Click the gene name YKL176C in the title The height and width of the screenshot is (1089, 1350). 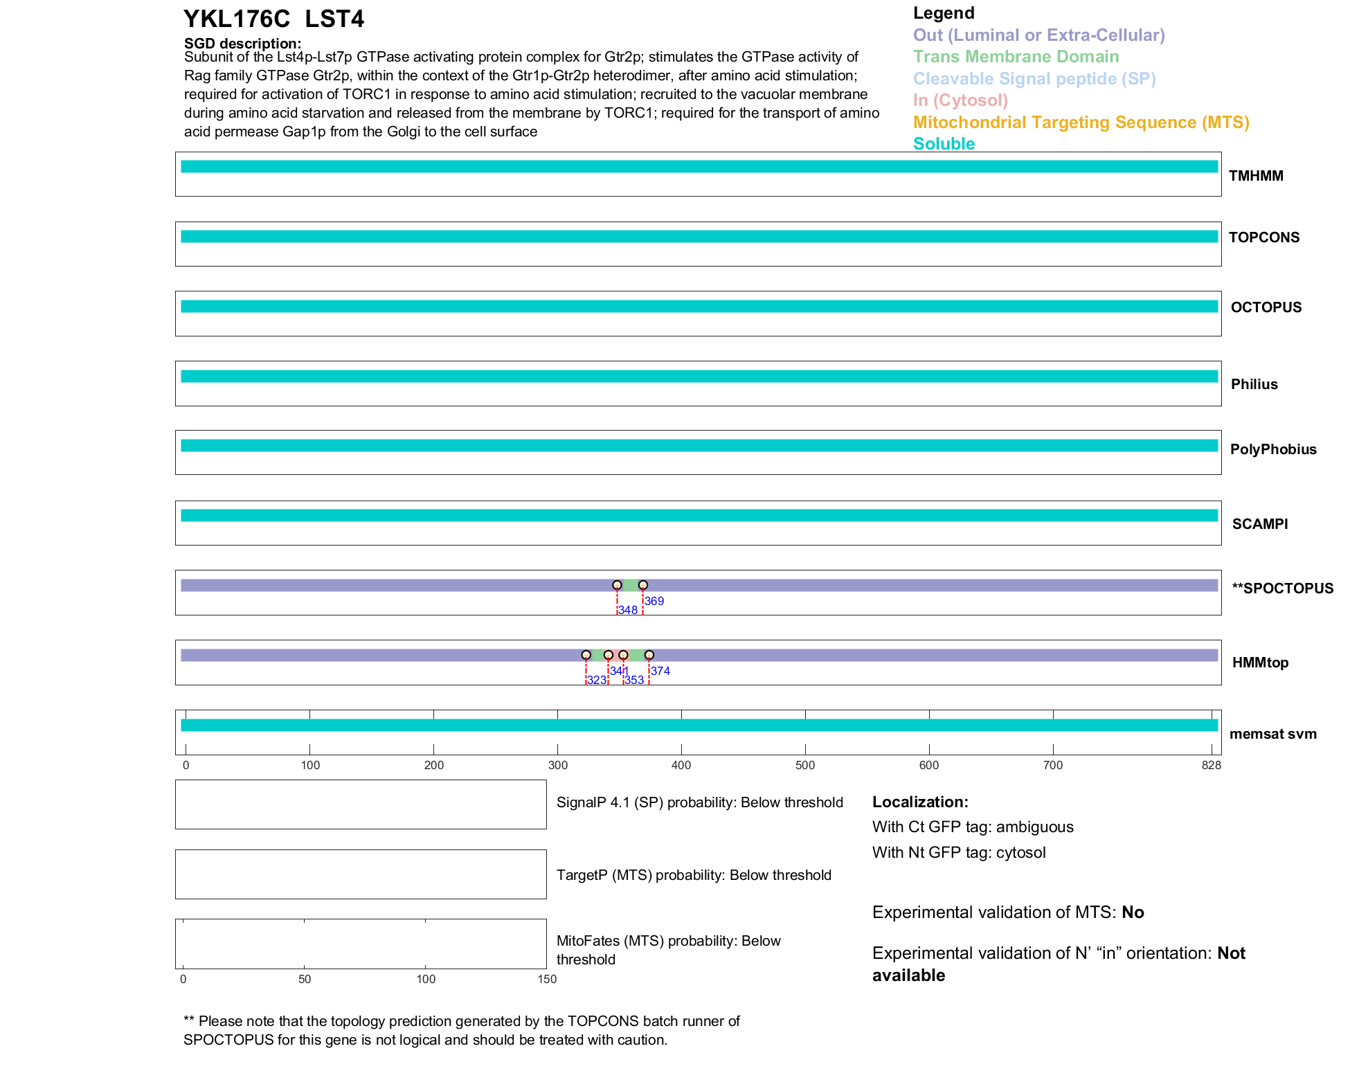(237, 19)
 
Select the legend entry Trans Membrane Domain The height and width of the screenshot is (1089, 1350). (1016, 57)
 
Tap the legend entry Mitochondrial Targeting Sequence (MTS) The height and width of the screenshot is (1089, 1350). (1081, 123)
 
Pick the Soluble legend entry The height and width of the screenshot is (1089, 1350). (944, 144)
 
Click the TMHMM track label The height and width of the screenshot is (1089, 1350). (1256, 176)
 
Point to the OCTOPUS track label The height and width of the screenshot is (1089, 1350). (1266, 307)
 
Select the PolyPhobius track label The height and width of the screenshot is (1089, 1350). (1272, 449)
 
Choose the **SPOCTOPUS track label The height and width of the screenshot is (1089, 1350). (1282, 588)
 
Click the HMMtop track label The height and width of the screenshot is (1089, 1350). (1260, 663)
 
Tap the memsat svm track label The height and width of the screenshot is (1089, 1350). (1272, 734)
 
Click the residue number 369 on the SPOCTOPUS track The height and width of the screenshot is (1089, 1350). (654, 601)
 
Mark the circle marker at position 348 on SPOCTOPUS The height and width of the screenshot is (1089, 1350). (617, 585)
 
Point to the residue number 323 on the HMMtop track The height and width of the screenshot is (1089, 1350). (596, 680)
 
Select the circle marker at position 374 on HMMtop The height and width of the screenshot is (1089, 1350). (649, 655)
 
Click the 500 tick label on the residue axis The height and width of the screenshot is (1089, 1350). (805, 765)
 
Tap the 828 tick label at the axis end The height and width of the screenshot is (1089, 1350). (1211, 765)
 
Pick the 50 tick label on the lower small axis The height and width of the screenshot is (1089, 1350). (305, 979)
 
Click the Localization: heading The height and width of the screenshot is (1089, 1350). (920, 802)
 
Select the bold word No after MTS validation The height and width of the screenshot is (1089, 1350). (1133, 912)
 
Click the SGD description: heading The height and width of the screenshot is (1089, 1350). (242, 44)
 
